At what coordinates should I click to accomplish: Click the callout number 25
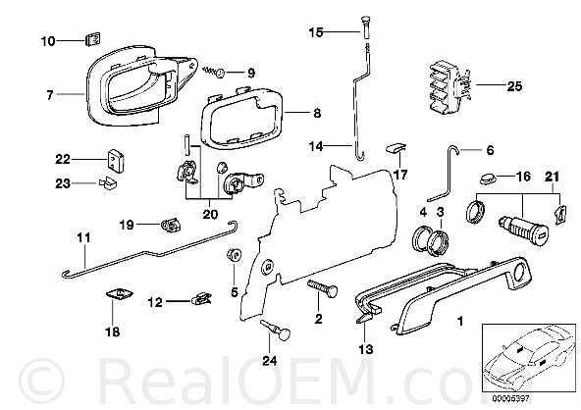pos(514,86)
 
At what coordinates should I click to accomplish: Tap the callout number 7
pos(50,95)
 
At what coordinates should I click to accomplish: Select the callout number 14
pos(316,146)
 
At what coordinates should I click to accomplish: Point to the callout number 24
pos(269,360)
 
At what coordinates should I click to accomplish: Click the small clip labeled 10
pos(93,39)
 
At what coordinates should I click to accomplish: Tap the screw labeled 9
pos(214,71)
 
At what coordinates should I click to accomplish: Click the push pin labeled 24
pos(276,330)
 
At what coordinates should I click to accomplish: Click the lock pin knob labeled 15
pos(365,27)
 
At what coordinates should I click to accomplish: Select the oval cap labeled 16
pos(485,179)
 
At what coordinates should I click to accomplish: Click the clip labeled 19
pos(171,226)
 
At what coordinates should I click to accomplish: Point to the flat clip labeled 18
pos(119,294)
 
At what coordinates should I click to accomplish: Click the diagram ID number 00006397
pos(510,399)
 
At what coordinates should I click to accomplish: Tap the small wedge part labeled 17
pos(396,147)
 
